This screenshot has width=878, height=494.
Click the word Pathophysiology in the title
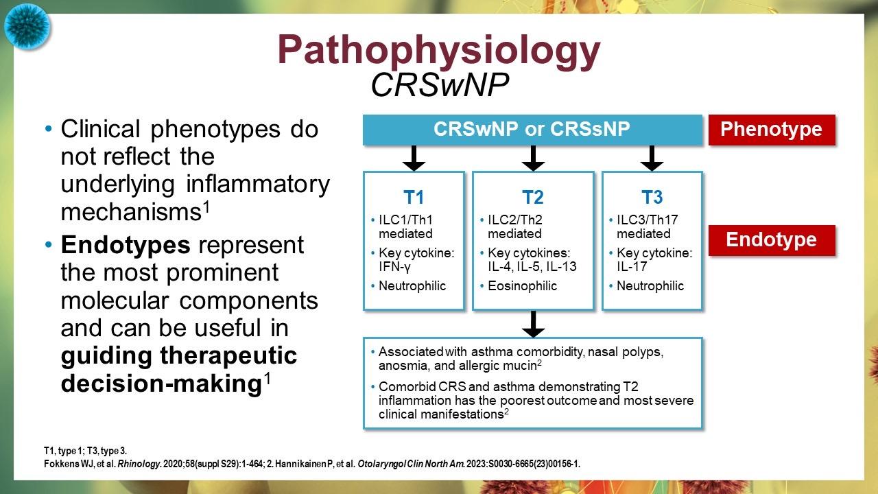point(439,49)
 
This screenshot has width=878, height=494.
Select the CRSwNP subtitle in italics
point(439,85)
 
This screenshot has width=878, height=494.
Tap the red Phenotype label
point(772,130)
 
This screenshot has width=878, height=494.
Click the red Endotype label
point(772,240)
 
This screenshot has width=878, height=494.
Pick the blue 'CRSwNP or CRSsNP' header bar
point(532,130)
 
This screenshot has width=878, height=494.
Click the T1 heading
point(413,198)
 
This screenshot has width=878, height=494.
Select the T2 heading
point(532,198)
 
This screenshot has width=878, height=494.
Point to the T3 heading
point(652,198)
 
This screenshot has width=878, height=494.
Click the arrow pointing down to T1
point(414,158)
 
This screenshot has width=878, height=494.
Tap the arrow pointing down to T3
point(652,158)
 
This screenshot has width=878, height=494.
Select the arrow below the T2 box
point(532,323)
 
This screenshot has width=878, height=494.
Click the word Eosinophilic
point(523,286)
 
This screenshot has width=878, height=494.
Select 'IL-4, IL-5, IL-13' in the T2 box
point(532,267)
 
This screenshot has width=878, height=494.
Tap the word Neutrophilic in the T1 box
point(412,286)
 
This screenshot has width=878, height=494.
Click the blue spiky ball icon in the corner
point(27,26)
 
